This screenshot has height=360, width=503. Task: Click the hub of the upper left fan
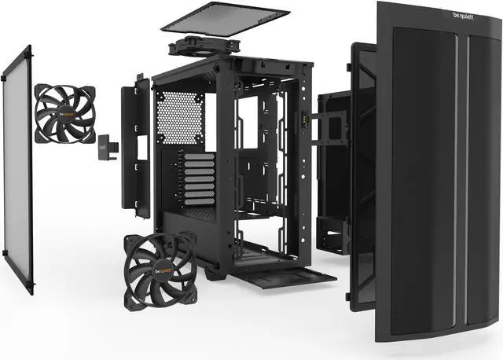64,114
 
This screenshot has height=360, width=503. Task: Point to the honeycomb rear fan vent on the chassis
180,117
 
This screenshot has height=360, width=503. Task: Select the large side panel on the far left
17,165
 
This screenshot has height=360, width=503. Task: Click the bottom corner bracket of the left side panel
31,287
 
